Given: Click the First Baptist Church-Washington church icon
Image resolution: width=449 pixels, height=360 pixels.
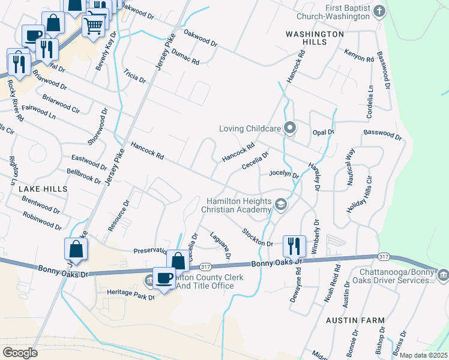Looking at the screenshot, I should [x=379, y=11].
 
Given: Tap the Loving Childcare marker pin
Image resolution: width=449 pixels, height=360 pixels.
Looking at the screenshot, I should [x=291, y=128].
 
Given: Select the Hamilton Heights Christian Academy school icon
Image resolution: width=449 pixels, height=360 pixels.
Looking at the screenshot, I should [x=280, y=205].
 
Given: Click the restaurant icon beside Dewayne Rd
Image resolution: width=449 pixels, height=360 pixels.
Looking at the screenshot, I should [x=294, y=245].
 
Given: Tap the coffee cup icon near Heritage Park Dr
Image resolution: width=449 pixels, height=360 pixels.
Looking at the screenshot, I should [x=164, y=278].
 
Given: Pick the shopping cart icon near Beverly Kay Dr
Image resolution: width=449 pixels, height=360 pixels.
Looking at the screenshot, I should [x=93, y=25].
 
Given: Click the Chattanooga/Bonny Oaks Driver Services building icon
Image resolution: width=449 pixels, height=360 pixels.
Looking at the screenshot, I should [x=443, y=276].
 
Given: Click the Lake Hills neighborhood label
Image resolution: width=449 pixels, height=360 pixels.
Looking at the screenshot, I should [x=43, y=188].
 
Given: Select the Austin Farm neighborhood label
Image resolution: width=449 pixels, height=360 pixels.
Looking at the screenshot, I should [x=355, y=320].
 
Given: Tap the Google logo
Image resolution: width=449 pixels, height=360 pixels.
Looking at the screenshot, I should [x=20, y=353].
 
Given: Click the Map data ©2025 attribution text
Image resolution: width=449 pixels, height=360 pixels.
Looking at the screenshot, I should [x=423, y=355].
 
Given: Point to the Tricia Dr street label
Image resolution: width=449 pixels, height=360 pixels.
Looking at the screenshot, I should [x=134, y=76].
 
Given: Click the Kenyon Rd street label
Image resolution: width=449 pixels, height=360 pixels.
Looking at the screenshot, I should [x=359, y=56].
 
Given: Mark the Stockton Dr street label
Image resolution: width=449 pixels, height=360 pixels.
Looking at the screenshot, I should [x=258, y=237].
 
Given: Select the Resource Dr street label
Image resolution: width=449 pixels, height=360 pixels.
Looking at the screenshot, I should [x=119, y=216].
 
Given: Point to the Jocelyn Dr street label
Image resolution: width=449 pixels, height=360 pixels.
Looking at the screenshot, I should [x=284, y=173].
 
